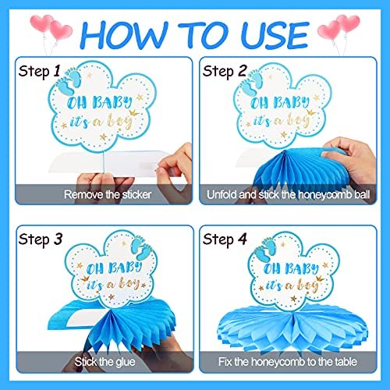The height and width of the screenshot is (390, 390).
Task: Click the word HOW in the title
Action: click(124, 35)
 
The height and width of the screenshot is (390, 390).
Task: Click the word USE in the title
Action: click(275, 35)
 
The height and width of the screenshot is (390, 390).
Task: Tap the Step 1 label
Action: click(39, 72)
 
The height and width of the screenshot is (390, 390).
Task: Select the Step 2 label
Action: click(225, 72)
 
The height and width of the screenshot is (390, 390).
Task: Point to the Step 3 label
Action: click(41, 239)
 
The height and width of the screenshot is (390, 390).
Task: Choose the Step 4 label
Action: click(225, 239)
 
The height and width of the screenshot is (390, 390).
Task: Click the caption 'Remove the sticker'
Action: click(108, 194)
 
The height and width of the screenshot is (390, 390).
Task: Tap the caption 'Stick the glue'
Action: click(105, 362)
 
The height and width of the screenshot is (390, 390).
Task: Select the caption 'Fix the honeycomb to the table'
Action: click(287, 362)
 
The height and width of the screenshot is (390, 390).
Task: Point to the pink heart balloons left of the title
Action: click(51, 28)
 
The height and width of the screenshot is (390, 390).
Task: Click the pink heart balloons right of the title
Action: click(339, 28)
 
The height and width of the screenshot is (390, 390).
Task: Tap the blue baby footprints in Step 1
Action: click(69, 81)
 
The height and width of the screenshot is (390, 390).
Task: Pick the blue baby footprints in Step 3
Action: click(142, 248)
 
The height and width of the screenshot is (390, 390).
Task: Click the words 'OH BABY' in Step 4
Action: click(291, 268)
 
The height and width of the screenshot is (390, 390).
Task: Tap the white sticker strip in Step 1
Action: click(107, 161)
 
